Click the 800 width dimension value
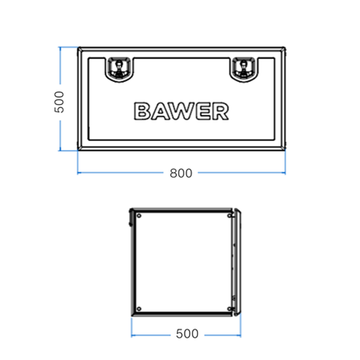click(x=181, y=174)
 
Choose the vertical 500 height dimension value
click(x=59, y=102)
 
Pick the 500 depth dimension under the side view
click(x=187, y=334)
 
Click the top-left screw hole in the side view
click(x=139, y=216)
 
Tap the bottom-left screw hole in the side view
click(x=139, y=309)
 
